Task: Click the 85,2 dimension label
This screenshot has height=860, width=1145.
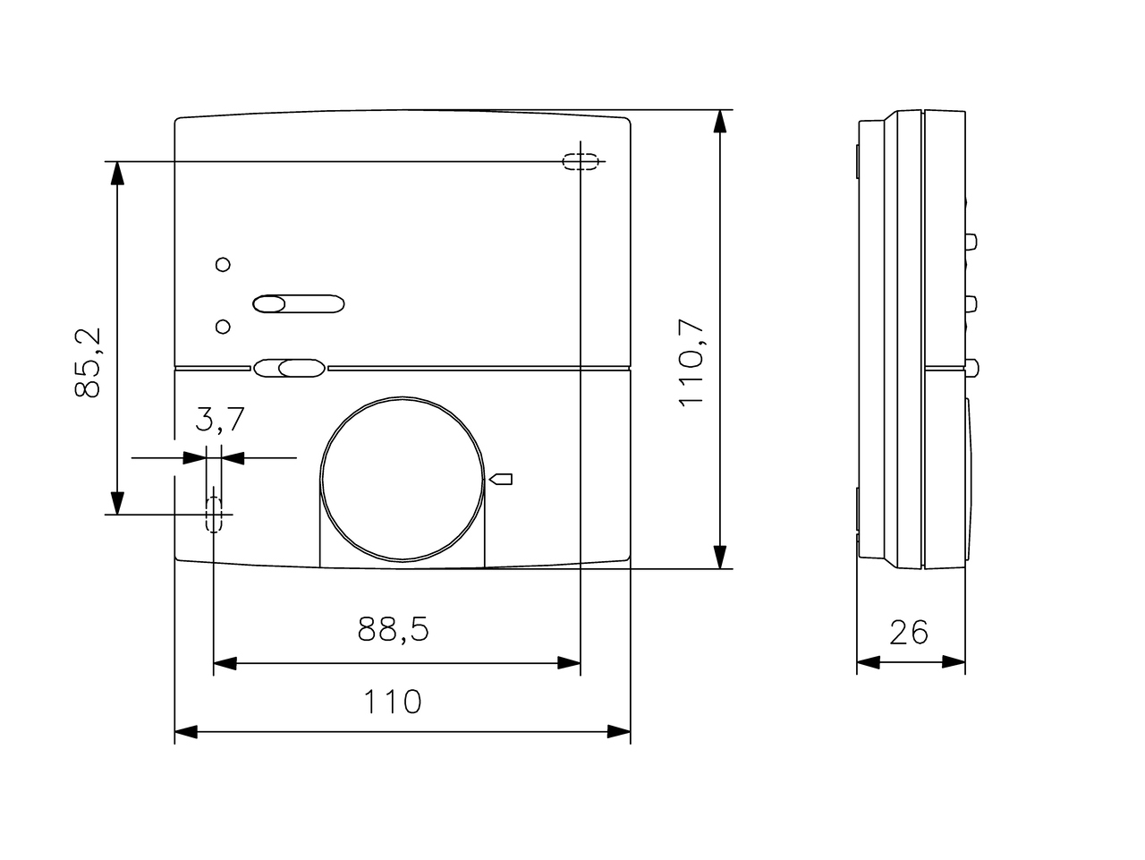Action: coord(87,363)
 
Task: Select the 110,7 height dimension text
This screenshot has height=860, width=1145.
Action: coord(691,362)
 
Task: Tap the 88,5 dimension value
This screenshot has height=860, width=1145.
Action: coord(394,629)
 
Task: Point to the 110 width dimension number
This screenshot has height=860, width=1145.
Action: coord(393,701)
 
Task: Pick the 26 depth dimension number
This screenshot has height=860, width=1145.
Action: coord(909,632)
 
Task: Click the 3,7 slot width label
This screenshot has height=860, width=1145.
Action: coord(220,419)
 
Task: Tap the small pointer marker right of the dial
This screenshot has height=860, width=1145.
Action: coord(500,479)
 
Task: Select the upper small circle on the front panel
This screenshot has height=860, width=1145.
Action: coord(223,265)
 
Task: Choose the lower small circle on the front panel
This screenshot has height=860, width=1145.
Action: coord(223,327)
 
